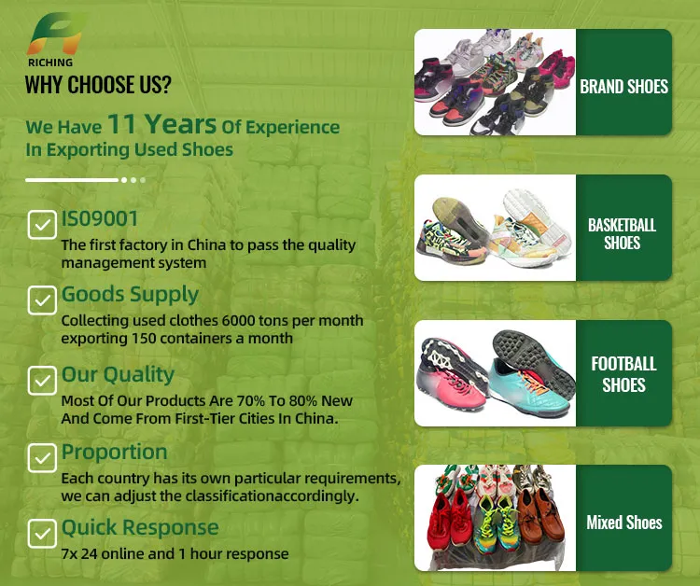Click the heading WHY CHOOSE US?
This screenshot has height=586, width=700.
pos(98,85)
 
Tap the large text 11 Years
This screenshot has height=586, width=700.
pos(161,124)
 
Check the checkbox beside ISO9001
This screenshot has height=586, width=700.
pos(41,225)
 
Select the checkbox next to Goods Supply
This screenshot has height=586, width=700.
pos(41,300)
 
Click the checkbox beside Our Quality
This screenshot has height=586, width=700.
pos(41,380)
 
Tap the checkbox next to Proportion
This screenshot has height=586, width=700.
pos(41,457)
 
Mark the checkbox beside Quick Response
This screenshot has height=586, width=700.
pos(41,533)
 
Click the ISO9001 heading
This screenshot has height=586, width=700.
pos(100,219)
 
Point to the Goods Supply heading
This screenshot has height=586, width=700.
pos(130,295)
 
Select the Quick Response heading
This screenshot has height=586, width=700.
pos(140,528)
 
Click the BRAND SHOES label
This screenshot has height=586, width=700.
pos(623,87)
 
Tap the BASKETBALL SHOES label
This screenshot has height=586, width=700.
pos(622,234)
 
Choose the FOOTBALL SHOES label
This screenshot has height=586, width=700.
pos(623,373)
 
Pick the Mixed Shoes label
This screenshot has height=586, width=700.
pos(623,523)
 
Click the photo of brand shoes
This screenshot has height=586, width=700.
pos(495,82)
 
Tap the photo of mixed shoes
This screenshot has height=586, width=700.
pos(495,519)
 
